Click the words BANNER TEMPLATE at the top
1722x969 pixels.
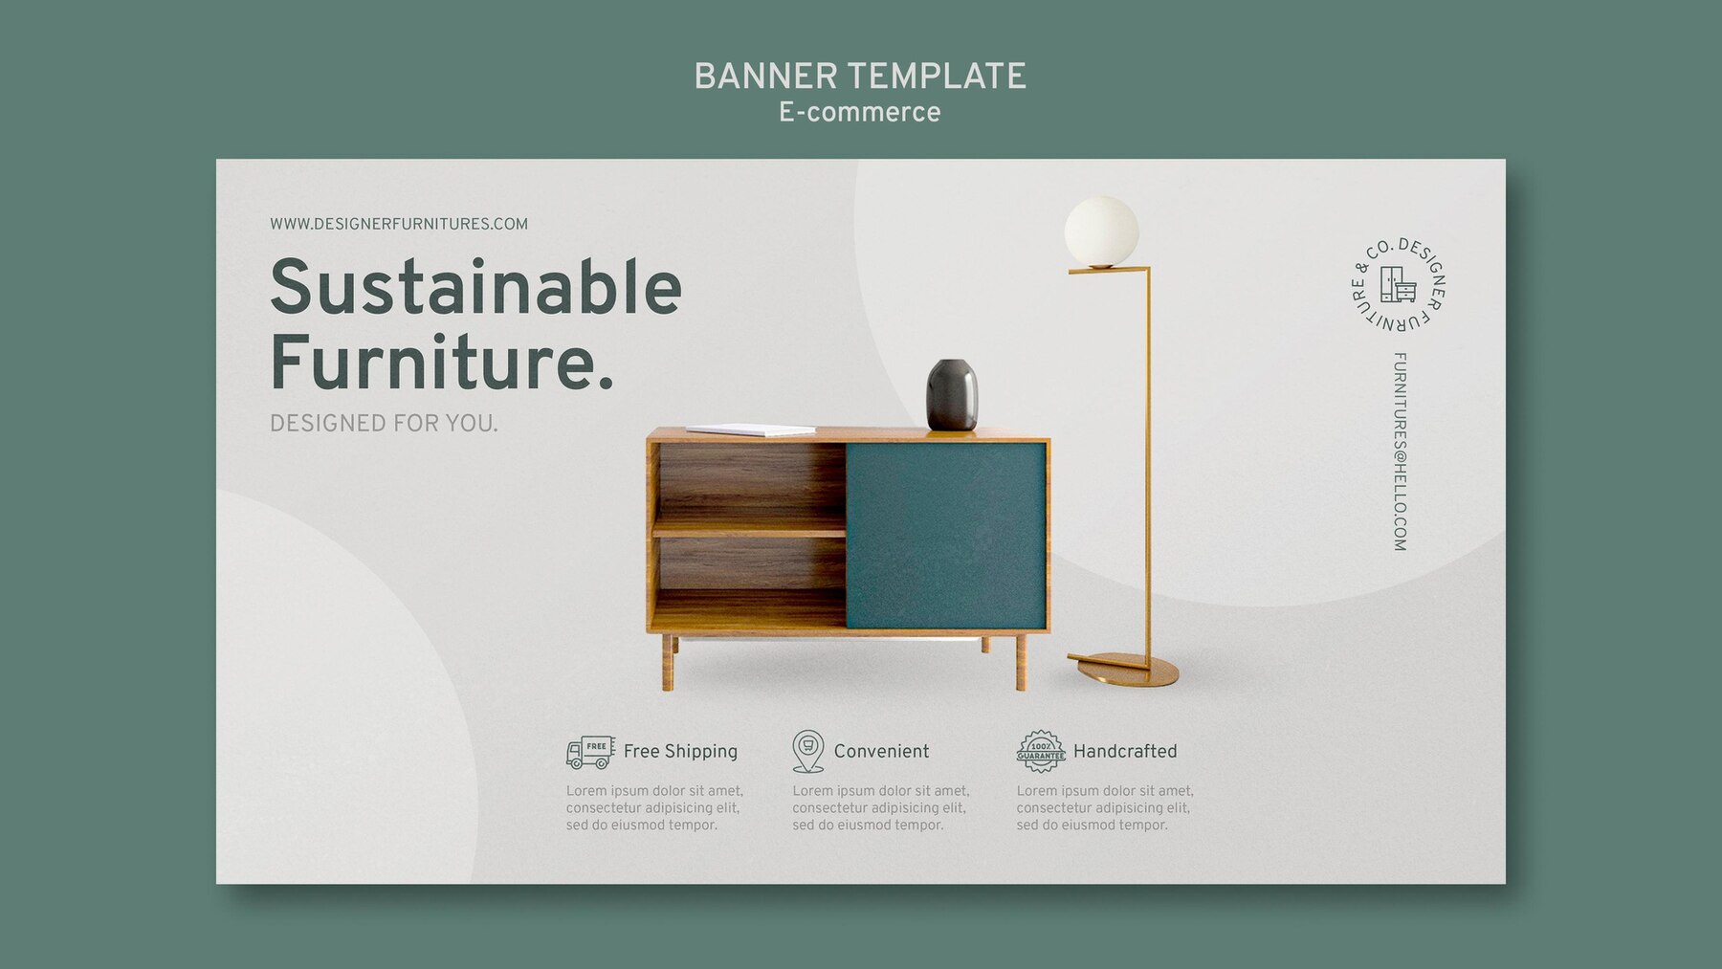(859, 77)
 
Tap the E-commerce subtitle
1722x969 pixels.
(859, 113)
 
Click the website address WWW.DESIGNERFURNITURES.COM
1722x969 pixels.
(399, 224)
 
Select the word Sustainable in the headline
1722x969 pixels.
(475, 287)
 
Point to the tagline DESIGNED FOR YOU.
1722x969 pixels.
(384, 424)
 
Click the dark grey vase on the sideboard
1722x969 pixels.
(952, 394)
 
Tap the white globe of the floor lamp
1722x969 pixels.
(1102, 231)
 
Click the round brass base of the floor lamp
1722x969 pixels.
(1124, 669)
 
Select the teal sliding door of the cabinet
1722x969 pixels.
(945, 535)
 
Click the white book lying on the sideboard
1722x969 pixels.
(751, 430)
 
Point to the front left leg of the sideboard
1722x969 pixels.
(668, 663)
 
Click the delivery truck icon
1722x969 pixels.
(590, 753)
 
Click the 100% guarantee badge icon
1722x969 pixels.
(1041, 752)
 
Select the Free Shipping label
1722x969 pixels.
(680, 752)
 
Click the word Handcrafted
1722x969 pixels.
(1125, 751)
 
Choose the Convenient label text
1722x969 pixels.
(881, 751)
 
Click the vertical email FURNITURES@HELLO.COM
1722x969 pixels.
(1400, 452)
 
